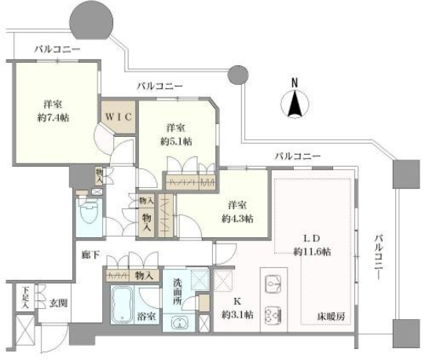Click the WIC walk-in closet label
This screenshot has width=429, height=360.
119,117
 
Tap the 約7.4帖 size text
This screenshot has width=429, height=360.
53,118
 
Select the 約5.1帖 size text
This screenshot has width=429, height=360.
176,141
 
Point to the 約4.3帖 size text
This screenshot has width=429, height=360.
237,219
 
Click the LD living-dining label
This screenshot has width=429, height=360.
312,238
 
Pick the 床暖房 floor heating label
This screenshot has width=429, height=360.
331,317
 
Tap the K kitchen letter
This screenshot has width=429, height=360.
237,302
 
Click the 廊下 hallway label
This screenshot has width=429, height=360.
90,255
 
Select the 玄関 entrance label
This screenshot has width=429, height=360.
58,303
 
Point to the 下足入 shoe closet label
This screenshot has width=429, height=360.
25,297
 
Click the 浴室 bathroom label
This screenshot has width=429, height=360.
147,317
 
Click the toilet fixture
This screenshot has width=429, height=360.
89,210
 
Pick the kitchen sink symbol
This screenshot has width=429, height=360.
273,284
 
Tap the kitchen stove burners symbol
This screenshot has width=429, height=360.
273,314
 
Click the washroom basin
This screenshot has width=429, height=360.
179,323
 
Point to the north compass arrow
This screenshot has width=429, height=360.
295,103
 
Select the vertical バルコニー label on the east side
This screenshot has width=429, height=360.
379,258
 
